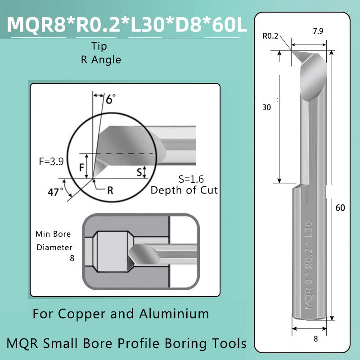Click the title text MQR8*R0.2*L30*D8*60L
[x=127, y=25]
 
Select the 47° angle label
[x=55, y=192]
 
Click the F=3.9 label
[x=51, y=161]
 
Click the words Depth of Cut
[x=184, y=190]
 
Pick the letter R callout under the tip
[x=110, y=190]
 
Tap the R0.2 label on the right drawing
[x=270, y=36]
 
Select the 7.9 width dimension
[x=310, y=32]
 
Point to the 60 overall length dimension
[x=340, y=208]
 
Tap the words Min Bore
[x=53, y=234]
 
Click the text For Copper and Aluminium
[x=121, y=314]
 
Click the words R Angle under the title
[x=101, y=59]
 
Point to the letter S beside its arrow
[x=139, y=171]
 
